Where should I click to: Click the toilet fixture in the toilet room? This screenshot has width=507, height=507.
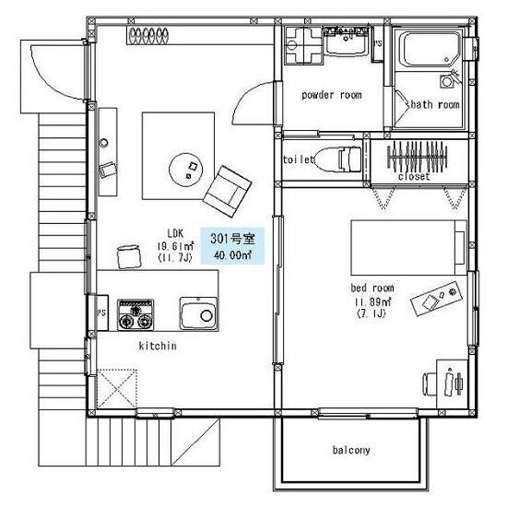click(x=338, y=159)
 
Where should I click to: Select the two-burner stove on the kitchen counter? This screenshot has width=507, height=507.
click(x=136, y=315)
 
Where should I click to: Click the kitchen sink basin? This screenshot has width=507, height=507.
click(x=198, y=313)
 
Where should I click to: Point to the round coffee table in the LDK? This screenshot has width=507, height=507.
click(x=185, y=170)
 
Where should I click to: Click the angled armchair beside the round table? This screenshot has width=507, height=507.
click(x=228, y=192)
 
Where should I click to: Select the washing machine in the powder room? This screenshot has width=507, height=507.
click(x=304, y=45)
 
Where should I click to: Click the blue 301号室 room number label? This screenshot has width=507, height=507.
click(x=232, y=239)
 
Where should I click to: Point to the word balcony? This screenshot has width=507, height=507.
click(x=351, y=450)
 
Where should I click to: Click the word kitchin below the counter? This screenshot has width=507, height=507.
click(x=158, y=346)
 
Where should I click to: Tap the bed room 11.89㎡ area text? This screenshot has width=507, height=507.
click(x=372, y=301)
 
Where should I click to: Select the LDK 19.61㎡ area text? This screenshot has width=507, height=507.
click(x=176, y=246)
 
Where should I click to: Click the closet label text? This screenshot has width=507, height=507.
click(x=414, y=177)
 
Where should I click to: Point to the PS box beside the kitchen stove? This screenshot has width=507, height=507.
click(x=101, y=312)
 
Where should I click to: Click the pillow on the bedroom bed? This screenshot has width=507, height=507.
click(x=460, y=248)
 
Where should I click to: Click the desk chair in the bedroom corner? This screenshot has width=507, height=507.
click(x=430, y=383)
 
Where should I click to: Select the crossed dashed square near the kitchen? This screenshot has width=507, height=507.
click(x=117, y=388)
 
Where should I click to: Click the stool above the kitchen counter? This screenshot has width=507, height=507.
click(x=129, y=257)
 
